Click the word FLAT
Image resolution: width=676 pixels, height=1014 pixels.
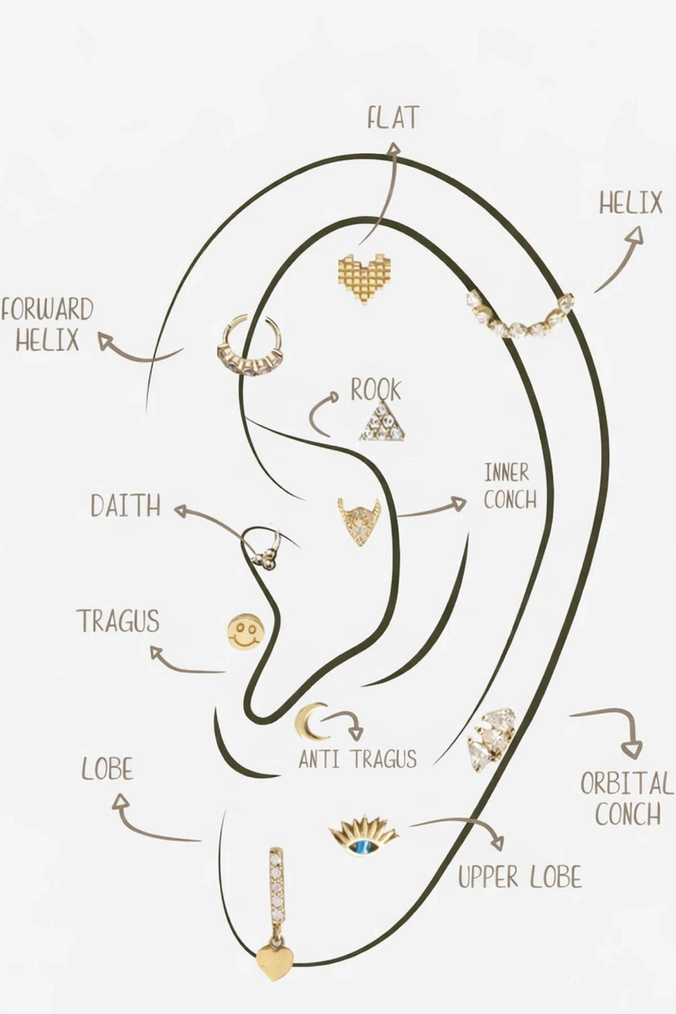pos(393,118)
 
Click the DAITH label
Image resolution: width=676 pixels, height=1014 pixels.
pos(126,506)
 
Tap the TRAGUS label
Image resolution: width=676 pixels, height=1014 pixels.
pos(118,621)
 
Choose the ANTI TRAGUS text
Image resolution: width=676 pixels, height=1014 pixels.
pos(358,759)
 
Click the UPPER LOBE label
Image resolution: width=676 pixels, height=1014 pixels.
pos(519,878)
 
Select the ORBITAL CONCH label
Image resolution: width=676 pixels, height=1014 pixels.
pos(627,798)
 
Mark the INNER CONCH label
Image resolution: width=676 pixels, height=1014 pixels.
pos(510,487)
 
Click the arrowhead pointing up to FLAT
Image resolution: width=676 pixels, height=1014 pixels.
pos(394,149)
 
